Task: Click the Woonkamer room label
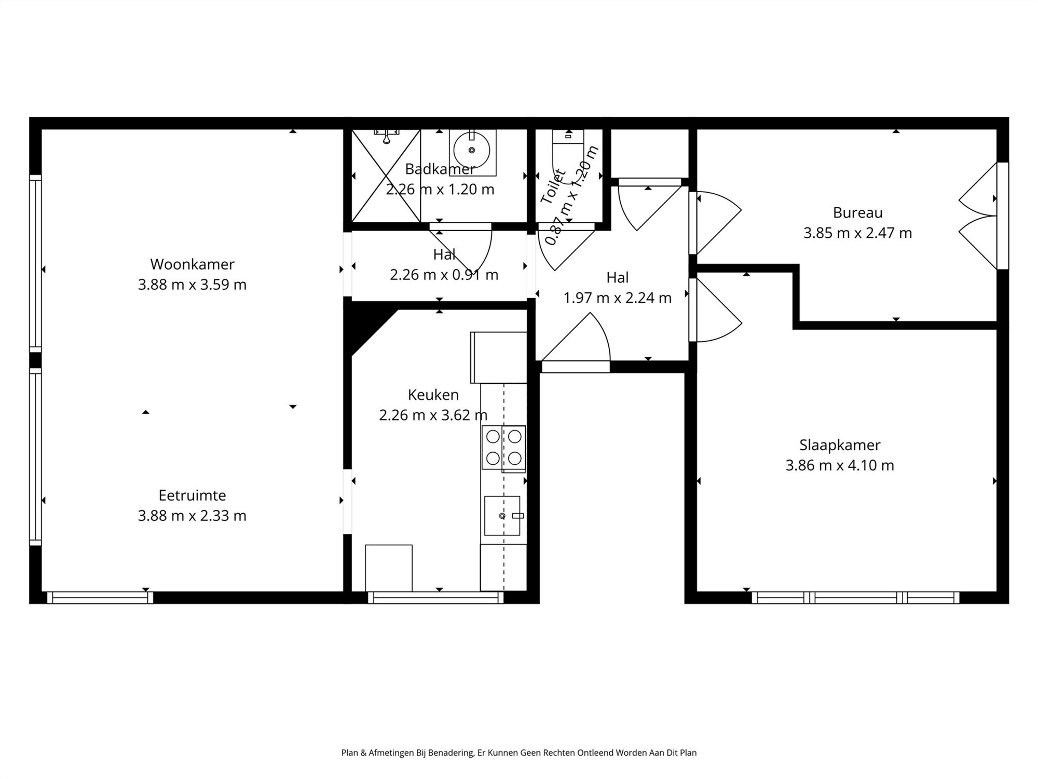[192, 264]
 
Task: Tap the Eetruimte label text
[192, 495]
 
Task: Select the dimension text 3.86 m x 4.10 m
[840, 465]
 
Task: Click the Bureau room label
[857, 212]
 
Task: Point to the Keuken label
[433, 395]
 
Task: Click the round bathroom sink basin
[471, 150]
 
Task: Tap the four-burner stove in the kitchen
[503, 447]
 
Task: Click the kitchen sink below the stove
[502, 515]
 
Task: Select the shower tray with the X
[386, 176]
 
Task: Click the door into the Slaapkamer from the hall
[716, 311]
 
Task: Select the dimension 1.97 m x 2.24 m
[618, 298]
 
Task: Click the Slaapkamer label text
[840, 445]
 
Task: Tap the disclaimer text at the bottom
[519, 753]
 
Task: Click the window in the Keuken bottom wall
[436, 598]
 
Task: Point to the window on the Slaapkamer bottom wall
[855, 598]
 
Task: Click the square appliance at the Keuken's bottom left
[389, 568]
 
